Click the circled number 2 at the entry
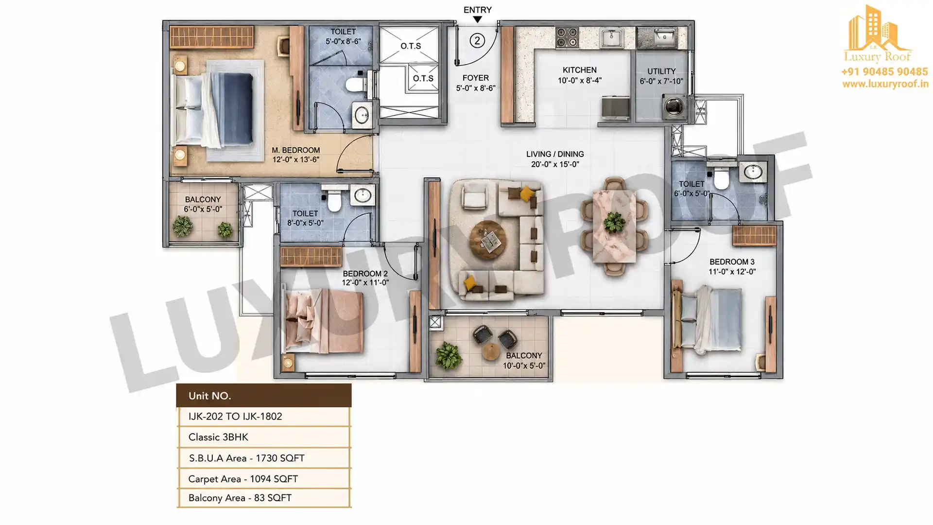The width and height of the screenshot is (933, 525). (x=477, y=40)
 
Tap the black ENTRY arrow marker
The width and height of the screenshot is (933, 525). (x=478, y=19)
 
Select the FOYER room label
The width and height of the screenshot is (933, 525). (x=476, y=78)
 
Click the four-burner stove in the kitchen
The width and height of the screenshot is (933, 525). (x=567, y=37)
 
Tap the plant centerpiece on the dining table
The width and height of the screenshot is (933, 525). (x=614, y=223)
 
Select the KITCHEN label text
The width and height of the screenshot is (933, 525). (x=580, y=70)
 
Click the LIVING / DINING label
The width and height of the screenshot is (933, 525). (x=555, y=154)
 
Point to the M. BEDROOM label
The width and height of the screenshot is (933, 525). (x=295, y=150)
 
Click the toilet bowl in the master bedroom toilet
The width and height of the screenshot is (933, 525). (x=357, y=85)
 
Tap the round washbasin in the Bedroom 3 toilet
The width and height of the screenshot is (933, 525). (x=753, y=172)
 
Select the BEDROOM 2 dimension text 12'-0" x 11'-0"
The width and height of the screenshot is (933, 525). (x=365, y=282)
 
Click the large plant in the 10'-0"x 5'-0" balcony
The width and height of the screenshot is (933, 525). (x=448, y=355)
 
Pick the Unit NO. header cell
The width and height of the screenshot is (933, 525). (x=264, y=396)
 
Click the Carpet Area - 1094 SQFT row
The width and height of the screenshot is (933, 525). (x=264, y=479)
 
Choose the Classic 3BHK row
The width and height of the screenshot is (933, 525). (x=264, y=437)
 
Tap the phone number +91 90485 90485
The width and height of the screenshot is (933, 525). (x=884, y=72)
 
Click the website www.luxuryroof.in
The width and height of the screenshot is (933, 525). (x=885, y=84)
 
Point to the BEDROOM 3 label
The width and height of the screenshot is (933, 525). (x=732, y=262)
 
